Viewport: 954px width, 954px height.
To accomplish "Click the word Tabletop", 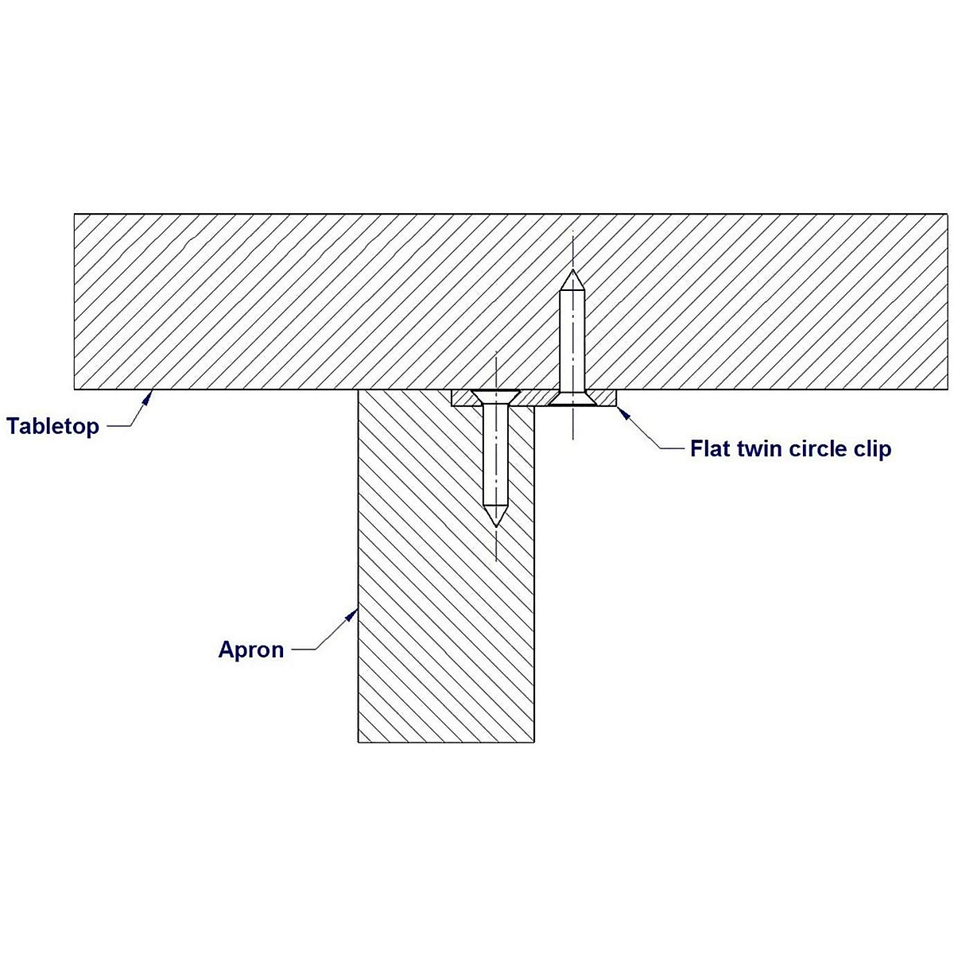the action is click(x=53, y=426).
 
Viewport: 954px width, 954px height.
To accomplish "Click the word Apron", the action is click(x=251, y=650).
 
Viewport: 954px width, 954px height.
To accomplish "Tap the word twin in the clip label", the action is click(x=758, y=449).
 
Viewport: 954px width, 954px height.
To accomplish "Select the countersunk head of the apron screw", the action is click(x=495, y=396).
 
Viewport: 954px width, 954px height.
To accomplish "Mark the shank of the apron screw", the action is click(x=495, y=453).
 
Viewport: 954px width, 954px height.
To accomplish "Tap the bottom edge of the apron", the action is click(x=446, y=743).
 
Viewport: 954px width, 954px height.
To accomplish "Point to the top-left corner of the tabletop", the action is click(x=75, y=214).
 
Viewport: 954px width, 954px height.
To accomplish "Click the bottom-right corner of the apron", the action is click(x=533, y=743).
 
